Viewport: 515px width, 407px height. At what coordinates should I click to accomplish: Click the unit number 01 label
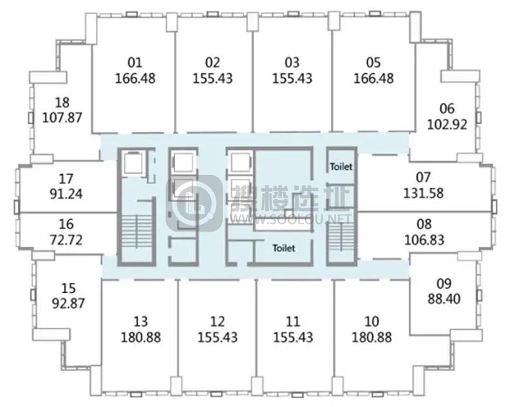click(x=135, y=62)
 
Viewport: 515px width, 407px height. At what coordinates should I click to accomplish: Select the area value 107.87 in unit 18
click(x=62, y=118)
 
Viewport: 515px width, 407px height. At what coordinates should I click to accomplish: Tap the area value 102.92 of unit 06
click(x=447, y=124)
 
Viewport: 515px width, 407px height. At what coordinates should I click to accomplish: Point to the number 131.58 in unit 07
click(x=424, y=193)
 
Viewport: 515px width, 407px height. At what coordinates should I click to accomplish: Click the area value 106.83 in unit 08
click(x=424, y=240)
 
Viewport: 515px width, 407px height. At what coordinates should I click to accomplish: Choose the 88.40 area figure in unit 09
click(x=444, y=299)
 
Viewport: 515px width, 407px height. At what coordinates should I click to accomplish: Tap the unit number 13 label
click(x=140, y=321)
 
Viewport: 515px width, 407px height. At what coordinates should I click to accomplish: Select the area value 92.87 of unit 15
click(x=68, y=303)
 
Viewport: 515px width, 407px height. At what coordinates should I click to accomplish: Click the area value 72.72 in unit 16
click(x=66, y=240)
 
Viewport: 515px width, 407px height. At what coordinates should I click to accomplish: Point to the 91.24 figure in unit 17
click(x=66, y=194)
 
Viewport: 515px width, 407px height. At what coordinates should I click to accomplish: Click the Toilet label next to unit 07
click(x=341, y=167)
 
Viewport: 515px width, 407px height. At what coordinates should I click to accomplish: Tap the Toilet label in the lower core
click(x=284, y=248)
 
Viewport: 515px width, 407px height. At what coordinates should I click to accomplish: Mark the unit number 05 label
click(x=373, y=62)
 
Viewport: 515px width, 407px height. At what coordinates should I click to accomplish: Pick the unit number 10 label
click(x=371, y=321)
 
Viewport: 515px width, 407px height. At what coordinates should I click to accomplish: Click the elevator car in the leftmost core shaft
click(x=133, y=163)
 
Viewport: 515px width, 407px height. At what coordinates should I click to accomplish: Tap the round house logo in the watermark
click(x=194, y=204)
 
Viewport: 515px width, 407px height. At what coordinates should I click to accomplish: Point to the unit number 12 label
click(x=218, y=321)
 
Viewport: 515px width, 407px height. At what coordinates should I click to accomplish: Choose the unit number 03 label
click(x=292, y=62)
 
